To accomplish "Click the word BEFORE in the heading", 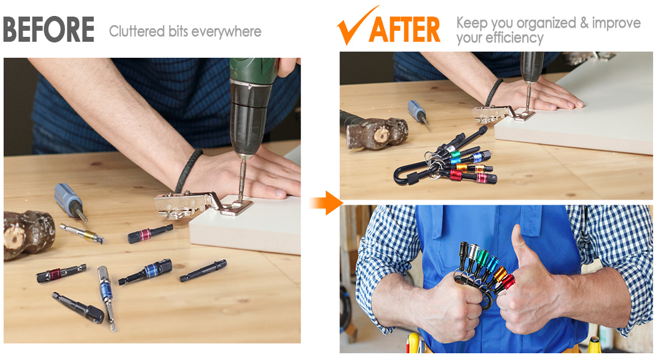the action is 49,29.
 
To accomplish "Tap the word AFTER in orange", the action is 404,29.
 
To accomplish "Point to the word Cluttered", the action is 137,31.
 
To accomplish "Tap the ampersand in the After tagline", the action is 584,23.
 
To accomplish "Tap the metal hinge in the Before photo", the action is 197,204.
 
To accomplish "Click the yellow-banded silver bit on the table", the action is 82,233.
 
